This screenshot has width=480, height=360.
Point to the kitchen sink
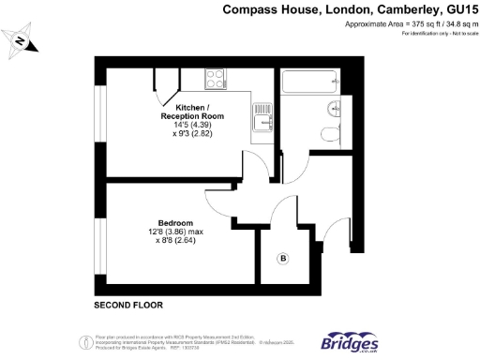(x=261, y=119)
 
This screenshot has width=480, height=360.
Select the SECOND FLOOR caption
(x=128, y=306)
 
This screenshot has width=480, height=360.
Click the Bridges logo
(x=351, y=340)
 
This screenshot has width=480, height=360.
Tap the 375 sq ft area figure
(x=405, y=25)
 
